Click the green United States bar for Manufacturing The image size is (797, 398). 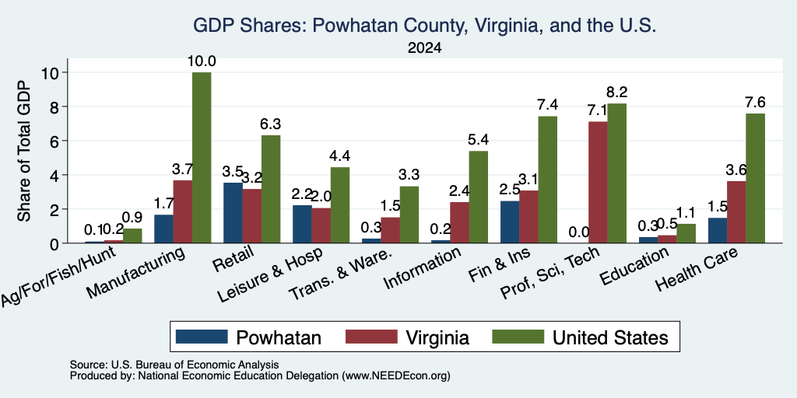coord(202,157)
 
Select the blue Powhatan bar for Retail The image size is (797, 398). coord(233,213)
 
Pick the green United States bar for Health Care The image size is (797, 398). coord(755,178)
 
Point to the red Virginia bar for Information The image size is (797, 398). coord(459,222)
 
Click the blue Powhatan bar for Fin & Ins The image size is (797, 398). coord(510,222)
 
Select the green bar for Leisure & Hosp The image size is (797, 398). coord(340,205)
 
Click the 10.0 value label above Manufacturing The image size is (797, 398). coord(202,61)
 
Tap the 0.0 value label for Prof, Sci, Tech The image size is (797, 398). coord(579,232)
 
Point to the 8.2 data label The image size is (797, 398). coord(616,93)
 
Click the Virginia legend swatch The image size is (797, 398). coord(371,337)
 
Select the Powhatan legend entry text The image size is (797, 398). coord(279,337)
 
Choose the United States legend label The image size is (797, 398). coord(610,337)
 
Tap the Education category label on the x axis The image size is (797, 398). coord(634,266)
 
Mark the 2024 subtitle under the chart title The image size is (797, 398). coord(424,48)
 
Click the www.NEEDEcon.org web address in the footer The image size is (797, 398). coord(396,376)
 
